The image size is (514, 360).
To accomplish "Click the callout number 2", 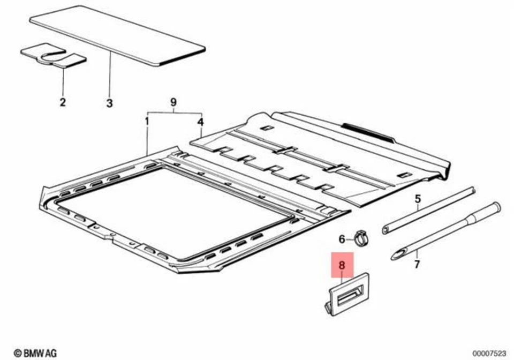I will point(63,102).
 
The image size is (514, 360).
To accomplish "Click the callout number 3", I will point(109,102).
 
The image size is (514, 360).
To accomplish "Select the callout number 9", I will point(173,102).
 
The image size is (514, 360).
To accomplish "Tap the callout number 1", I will point(147,122).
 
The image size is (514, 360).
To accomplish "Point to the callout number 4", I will point(200,122).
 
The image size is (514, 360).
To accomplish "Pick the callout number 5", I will point(418,199).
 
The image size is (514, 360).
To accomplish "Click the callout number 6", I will point(342,238).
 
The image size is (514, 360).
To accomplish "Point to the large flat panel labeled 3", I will point(118,37).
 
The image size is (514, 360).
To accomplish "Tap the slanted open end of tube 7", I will point(399,254).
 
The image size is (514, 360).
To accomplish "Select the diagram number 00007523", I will point(489,352).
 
